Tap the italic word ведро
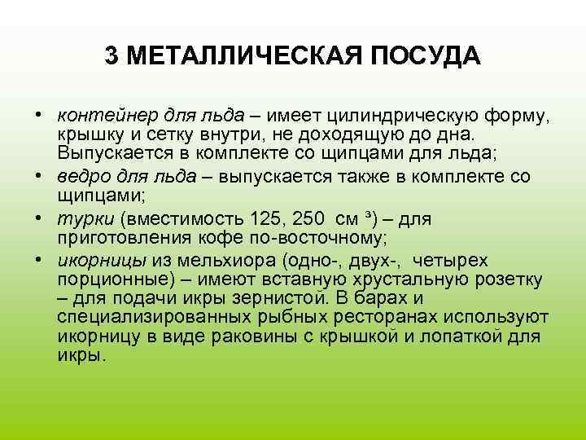[79, 176]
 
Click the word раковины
[271, 337]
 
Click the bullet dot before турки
[40, 218]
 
